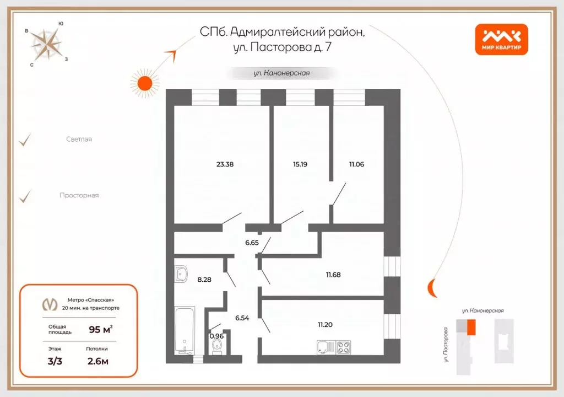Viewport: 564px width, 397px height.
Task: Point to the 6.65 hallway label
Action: pos(252,242)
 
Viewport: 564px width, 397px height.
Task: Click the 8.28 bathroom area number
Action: pos(204,280)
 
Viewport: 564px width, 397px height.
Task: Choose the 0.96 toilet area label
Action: pos(216,335)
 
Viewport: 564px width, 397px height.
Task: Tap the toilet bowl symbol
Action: pos(217,347)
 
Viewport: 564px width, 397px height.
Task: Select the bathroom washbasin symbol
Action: pos(181,273)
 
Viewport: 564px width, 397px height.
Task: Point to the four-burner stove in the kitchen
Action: pos(344,348)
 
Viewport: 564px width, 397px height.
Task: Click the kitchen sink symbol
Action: pos(323,348)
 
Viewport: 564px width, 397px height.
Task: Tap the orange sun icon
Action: pos(144,83)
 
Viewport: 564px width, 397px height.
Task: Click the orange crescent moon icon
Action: pos(432,287)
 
